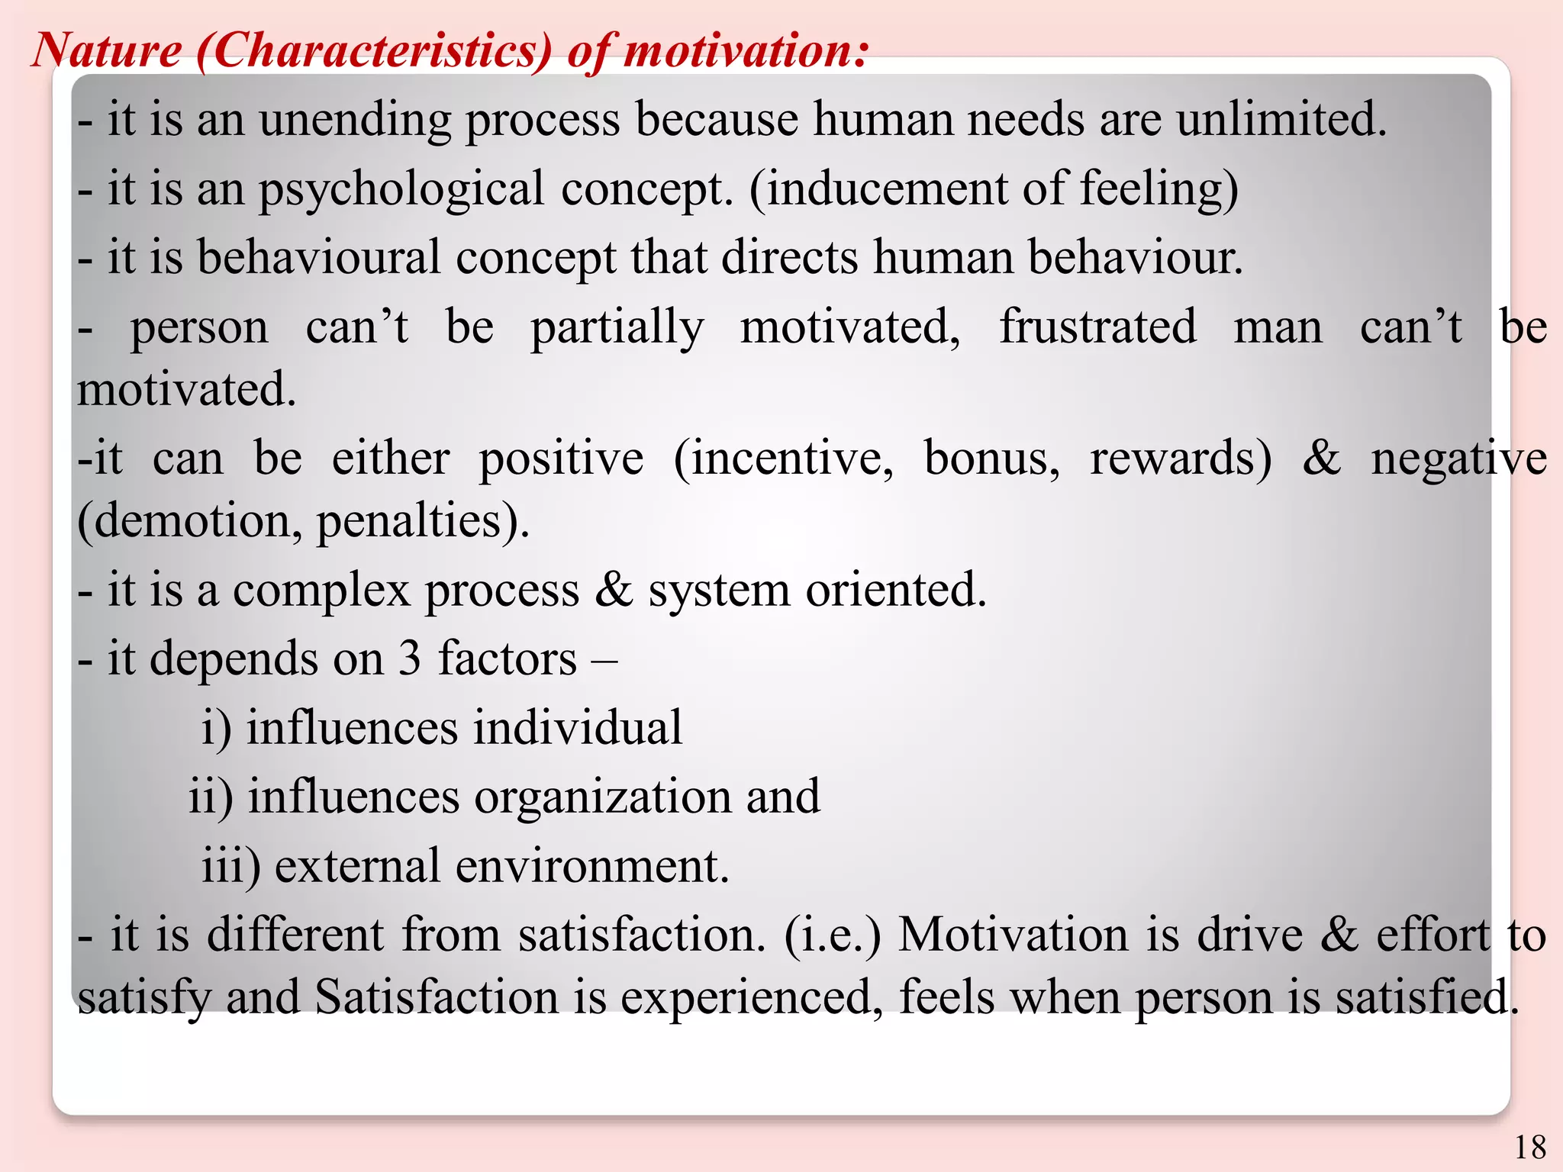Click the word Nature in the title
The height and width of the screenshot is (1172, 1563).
click(107, 50)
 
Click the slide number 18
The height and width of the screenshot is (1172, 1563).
click(1529, 1147)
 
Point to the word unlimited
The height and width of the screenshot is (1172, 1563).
click(1281, 120)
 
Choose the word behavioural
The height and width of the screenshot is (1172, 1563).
click(319, 257)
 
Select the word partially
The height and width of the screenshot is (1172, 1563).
click(617, 328)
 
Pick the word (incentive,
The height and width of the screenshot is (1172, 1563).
click(783, 459)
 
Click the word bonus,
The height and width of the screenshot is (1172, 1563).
click(991, 459)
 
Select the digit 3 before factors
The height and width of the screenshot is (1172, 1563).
click(410, 658)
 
